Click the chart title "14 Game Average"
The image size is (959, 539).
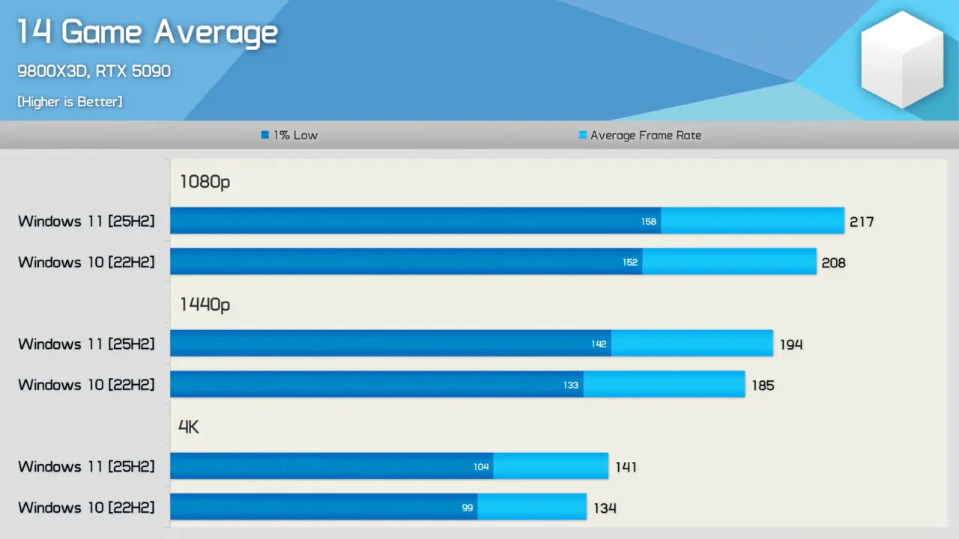pyautogui.click(x=147, y=32)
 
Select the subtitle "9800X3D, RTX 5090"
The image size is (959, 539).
pyautogui.click(x=94, y=71)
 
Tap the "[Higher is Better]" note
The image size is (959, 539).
pyautogui.click(x=70, y=101)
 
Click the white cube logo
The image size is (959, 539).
pyautogui.click(x=901, y=60)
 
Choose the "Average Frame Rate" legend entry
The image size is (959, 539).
pyautogui.click(x=641, y=135)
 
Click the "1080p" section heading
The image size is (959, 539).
pyautogui.click(x=205, y=182)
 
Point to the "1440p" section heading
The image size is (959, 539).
pyautogui.click(x=205, y=305)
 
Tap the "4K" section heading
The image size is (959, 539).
pyautogui.click(x=189, y=427)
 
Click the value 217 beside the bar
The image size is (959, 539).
pyautogui.click(x=862, y=222)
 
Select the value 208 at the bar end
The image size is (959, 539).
pyautogui.click(x=833, y=263)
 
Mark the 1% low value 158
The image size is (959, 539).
pyautogui.click(x=649, y=222)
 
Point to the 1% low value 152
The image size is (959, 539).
pyautogui.click(x=630, y=263)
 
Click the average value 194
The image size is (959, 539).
pyautogui.click(x=790, y=344)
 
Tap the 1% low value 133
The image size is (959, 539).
pyautogui.click(x=571, y=386)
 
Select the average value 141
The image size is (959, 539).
pyautogui.click(x=626, y=467)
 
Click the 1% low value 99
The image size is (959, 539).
pyautogui.click(x=468, y=508)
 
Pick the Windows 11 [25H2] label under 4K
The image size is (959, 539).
pyautogui.click(x=86, y=467)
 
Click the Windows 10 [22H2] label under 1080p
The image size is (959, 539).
pyautogui.click(x=86, y=263)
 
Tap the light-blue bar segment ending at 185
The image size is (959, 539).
pyautogui.click(x=664, y=385)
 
